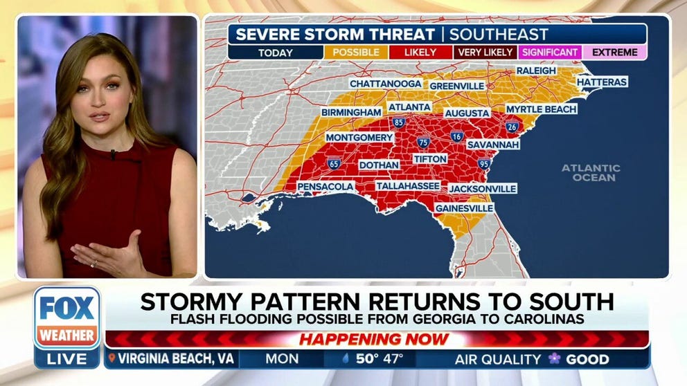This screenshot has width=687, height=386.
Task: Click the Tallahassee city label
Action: tap(408, 186)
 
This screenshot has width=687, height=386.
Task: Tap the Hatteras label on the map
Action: tap(601, 82)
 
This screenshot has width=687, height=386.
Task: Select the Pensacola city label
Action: tap(325, 187)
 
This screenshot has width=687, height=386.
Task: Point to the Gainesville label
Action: tap(464, 208)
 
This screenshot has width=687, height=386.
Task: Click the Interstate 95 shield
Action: tap(483, 164)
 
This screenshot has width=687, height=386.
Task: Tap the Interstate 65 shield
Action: tap(334, 164)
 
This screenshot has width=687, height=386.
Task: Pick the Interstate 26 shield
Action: tap(512, 127)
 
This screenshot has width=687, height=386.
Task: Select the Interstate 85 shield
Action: tap(398, 122)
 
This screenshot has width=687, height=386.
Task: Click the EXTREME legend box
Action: tap(614, 52)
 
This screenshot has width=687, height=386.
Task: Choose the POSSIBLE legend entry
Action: tap(355, 52)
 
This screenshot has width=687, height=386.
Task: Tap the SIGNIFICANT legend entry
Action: tap(549, 52)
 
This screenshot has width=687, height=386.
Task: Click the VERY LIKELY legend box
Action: tap(485, 52)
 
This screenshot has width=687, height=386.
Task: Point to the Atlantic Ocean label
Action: tap(590, 172)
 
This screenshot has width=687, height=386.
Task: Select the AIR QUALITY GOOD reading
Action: tap(532, 359)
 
